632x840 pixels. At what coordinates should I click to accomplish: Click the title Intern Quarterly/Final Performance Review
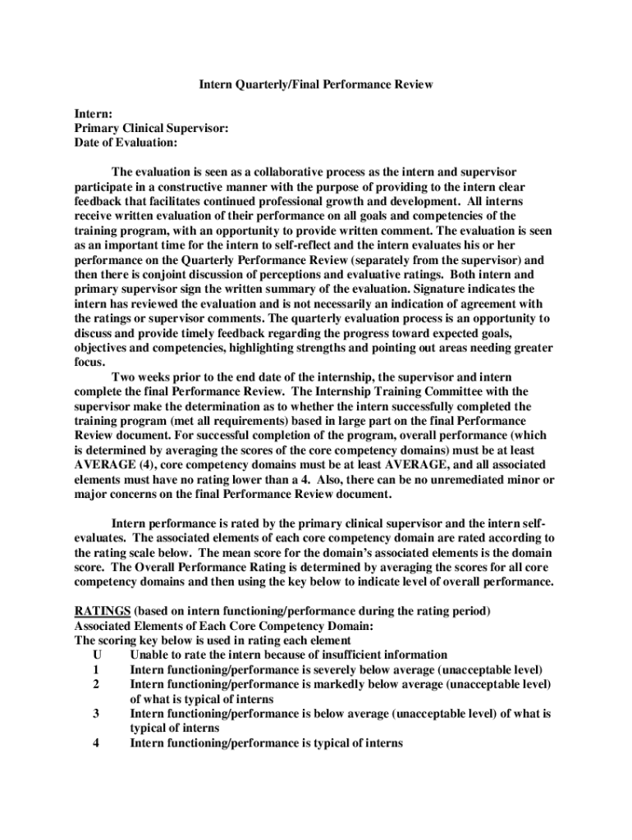[317, 84]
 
